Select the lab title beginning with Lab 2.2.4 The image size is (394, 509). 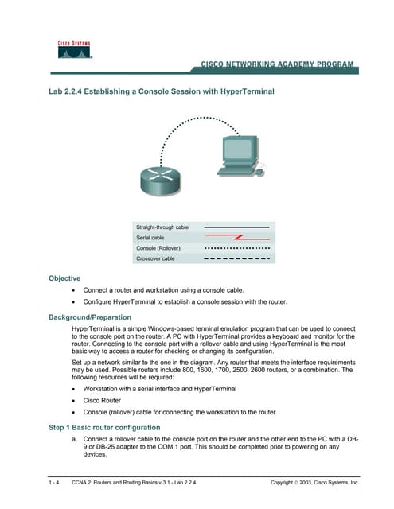tap(162, 91)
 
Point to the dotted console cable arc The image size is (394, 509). tap(181, 127)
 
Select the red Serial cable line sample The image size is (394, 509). tap(236, 237)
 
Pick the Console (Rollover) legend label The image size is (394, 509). tap(158, 247)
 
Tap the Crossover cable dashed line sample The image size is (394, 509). tap(236, 258)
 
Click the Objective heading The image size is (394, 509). tap(64, 278)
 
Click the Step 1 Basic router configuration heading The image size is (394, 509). tap(104, 427)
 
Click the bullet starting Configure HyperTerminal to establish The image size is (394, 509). tap(184, 302)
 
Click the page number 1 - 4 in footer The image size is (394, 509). tap(53, 483)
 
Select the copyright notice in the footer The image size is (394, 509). tap(314, 483)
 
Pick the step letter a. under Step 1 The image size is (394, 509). tap(74, 439)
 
